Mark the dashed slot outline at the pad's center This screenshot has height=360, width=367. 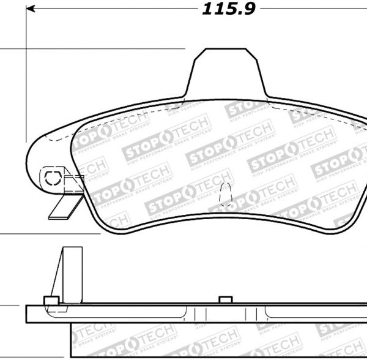(226, 192)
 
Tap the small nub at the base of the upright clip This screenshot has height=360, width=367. (51, 300)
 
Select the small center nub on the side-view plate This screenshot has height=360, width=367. (225, 299)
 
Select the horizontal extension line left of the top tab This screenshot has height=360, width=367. (92, 48)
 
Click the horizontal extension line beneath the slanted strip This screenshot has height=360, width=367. (49, 233)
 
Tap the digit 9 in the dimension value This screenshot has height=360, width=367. (248, 9)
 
